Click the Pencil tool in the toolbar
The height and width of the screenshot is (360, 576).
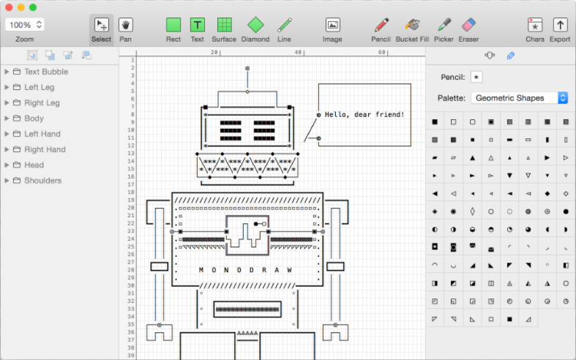point(381,25)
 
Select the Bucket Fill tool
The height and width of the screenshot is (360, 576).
point(412,25)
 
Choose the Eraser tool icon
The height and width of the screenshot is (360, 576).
point(468,25)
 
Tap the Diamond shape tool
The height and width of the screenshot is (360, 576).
point(255,25)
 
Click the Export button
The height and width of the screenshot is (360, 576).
point(560,25)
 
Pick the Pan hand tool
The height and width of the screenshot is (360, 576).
point(126,25)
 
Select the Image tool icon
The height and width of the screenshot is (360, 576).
point(332,25)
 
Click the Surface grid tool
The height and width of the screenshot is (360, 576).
point(224,25)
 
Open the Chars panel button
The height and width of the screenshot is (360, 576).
point(535,25)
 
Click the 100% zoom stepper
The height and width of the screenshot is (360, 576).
point(39,25)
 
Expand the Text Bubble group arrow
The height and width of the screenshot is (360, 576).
point(7,72)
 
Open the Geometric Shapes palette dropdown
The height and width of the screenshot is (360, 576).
point(520,98)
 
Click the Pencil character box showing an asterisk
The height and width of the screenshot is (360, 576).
point(476,77)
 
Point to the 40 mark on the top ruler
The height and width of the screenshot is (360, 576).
point(298,52)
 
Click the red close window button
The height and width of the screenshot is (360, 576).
point(9,7)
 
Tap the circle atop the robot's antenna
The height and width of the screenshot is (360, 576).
point(247,68)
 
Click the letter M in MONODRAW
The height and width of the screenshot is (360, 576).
point(201,270)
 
